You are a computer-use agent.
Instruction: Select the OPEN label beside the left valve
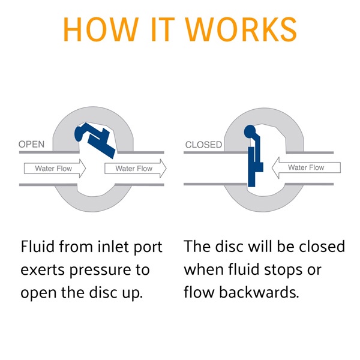(31, 145)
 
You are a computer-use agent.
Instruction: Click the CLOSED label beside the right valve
(203, 145)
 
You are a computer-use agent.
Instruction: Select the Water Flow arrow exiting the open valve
(136, 168)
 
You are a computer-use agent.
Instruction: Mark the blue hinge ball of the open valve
(79, 134)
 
